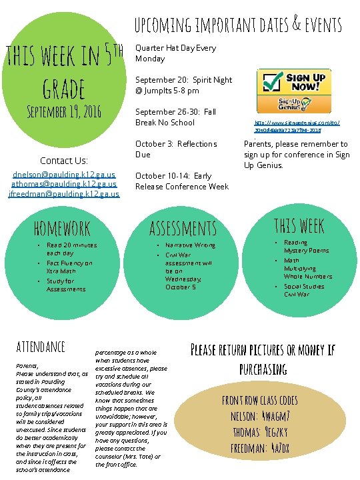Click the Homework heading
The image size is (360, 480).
[x=62, y=229]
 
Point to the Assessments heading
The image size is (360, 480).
[x=183, y=229]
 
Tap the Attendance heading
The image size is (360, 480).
[x=41, y=347]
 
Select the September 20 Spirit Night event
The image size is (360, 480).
[x=184, y=85]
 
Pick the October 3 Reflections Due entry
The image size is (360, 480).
[x=176, y=149]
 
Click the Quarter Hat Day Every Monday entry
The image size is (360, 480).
[x=175, y=53]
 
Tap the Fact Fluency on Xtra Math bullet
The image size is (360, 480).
[x=69, y=267]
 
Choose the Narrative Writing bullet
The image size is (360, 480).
[x=190, y=245]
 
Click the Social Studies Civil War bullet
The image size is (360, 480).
[x=304, y=290]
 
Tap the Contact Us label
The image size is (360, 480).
[x=64, y=160]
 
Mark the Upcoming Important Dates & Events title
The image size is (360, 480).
[x=238, y=25]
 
